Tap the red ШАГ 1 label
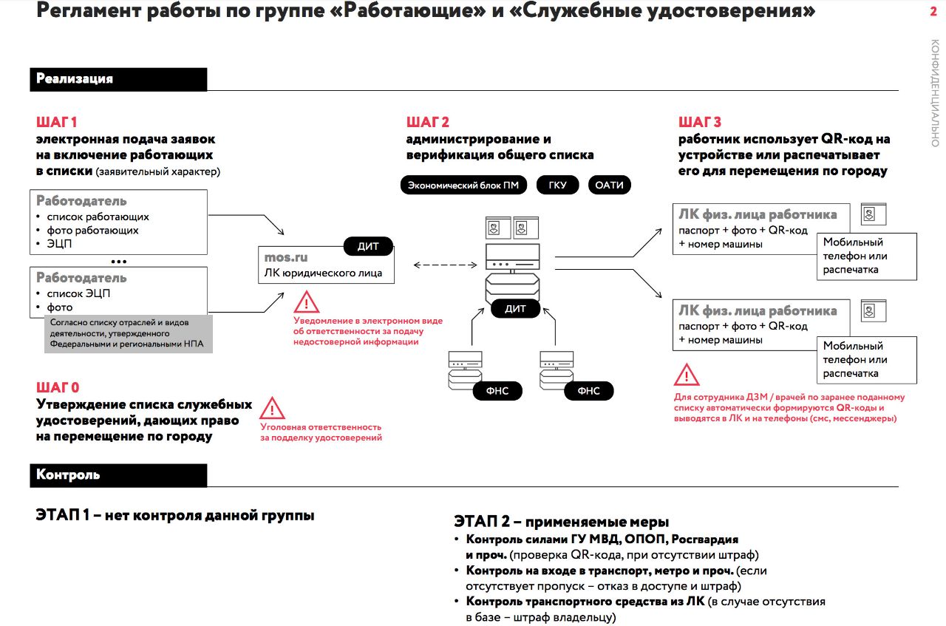pyautogui.click(x=56, y=122)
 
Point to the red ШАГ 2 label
pyautogui.click(x=427, y=122)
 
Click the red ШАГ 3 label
pyautogui.click(x=699, y=122)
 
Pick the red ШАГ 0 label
pyautogui.click(x=57, y=387)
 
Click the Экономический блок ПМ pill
pyautogui.click(x=463, y=185)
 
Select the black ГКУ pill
pyautogui.click(x=557, y=185)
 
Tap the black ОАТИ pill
pyautogui.click(x=610, y=185)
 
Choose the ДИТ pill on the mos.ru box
pyautogui.click(x=368, y=246)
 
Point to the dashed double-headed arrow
pyautogui.click(x=445, y=264)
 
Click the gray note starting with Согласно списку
pyautogui.click(x=128, y=333)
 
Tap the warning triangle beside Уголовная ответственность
pyautogui.click(x=273, y=408)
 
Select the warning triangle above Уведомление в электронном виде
pyautogui.click(x=307, y=302)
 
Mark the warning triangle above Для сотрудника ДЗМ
pyautogui.click(x=687, y=375)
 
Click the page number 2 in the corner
pyautogui.click(x=933, y=10)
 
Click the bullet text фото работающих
pyautogui.click(x=92, y=230)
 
